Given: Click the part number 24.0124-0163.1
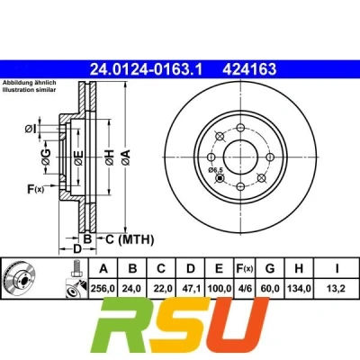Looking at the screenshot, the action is [147, 69].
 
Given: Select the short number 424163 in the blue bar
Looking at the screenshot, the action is [249, 69].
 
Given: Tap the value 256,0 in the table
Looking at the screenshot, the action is [103, 289].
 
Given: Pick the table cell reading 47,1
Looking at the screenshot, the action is [191, 289].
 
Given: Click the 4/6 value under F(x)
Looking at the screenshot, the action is [245, 289].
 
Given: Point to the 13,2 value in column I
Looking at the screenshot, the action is [337, 289].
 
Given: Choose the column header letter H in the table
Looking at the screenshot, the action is [299, 268].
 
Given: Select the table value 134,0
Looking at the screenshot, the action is [299, 289].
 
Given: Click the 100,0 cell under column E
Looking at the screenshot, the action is [220, 289].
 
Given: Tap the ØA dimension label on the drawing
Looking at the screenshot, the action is [126, 157].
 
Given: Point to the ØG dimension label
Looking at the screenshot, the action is [47, 157].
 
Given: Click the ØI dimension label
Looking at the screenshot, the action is [31, 129].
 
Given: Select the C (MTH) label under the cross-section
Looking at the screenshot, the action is [130, 239].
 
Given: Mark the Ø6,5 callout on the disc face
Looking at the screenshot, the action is [216, 170].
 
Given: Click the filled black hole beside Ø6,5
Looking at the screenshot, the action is [220, 178].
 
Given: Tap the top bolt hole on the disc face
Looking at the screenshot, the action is [240, 128].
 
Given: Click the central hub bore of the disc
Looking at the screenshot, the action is [240, 157].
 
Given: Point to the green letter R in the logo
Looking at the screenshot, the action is [127, 327].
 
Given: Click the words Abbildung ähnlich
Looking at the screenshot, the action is [30, 83].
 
